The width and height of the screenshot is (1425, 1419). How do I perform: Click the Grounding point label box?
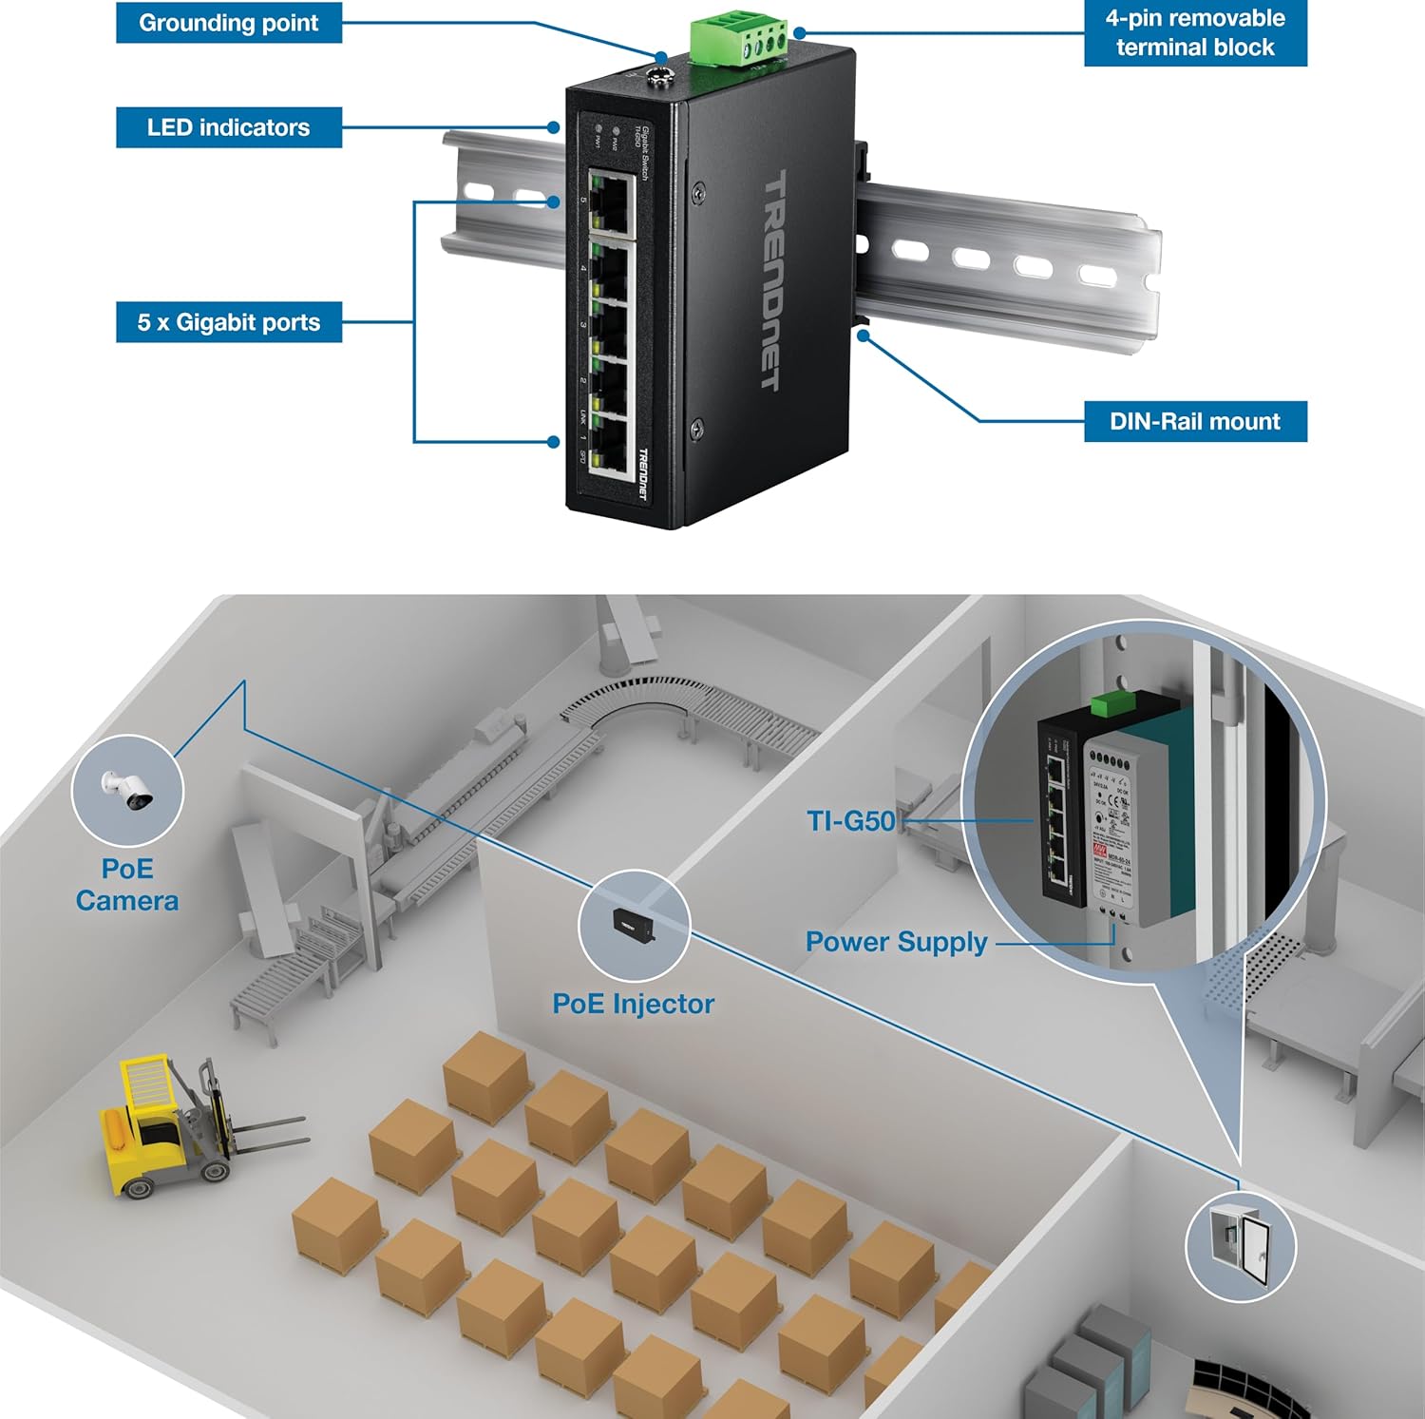[x=228, y=23]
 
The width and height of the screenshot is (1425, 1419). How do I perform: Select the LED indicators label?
[x=228, y=127]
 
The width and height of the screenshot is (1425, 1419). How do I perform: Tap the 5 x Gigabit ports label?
[x=228, y=322]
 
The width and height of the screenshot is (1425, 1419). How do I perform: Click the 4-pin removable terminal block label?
[x=1195, y=33]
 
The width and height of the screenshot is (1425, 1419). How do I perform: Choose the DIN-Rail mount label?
[x=1195, y=421]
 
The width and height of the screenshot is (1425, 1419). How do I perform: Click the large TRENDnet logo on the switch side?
[x=774, y=280]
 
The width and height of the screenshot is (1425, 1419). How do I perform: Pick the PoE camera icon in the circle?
[x=127, y=790]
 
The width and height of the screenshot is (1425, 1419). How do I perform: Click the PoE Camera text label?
[x=127, y=885]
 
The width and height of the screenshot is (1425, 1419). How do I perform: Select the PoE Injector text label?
[x=633, y=1004]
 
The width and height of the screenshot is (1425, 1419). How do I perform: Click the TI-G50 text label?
[x=850, y=820]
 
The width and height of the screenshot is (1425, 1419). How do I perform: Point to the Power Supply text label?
[x=896, y=942]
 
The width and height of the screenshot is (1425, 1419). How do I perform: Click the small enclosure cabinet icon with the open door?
[x=1241, y=1245]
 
